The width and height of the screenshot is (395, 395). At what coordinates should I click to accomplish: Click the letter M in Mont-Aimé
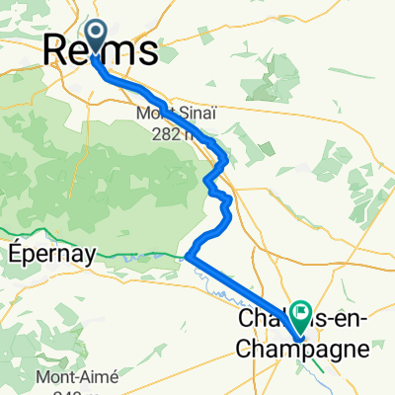coord(41,376)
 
